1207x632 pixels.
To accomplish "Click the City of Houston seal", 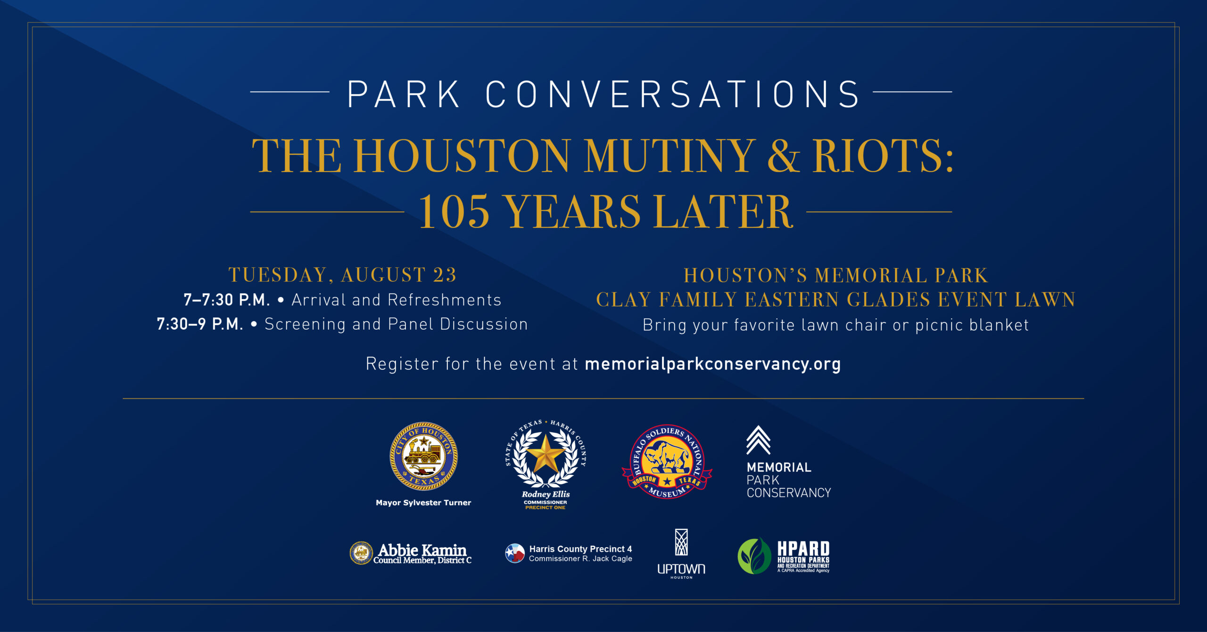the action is point(423,456).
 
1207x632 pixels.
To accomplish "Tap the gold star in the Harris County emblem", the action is point(546,454).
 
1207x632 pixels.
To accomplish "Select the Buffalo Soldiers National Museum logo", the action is point(667,462).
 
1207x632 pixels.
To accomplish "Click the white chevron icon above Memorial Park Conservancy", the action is point(758,440).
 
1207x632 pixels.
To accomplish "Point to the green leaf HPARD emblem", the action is point(754,556).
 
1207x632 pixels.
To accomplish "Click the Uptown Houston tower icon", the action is point(681,542).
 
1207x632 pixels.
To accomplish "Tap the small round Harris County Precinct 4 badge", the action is point(515,553).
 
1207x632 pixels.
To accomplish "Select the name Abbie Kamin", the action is point(422,549).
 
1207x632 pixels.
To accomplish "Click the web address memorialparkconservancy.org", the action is point(712,364).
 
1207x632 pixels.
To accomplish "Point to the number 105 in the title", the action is point(454,212).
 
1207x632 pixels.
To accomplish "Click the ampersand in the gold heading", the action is point(784,156).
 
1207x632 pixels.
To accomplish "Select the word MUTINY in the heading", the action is point(670,156).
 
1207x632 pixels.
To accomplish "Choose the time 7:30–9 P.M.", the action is point(200,324).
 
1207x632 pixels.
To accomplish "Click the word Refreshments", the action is point(445,300).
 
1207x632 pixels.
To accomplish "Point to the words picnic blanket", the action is point(972,325).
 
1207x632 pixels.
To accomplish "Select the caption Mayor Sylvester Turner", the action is point(423,503).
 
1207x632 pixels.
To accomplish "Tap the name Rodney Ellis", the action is point(546,494).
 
